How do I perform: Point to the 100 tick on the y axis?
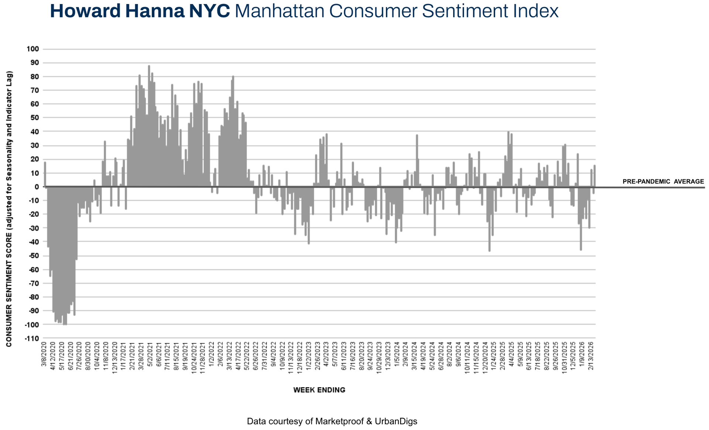tap(32, 49)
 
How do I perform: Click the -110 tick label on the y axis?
tap(32, 338)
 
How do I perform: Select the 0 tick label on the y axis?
tap(37, 187)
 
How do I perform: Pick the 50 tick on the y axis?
tap(34, 118)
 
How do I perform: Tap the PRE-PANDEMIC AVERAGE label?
tap(663, 182)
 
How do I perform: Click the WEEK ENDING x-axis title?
tap(319, 390)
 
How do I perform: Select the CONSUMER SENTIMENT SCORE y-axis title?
tap(9, 209)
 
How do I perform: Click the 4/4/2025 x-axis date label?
tap(511, 354)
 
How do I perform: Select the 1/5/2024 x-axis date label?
tap(397, 354)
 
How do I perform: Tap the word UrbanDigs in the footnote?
tap(396, 421)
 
